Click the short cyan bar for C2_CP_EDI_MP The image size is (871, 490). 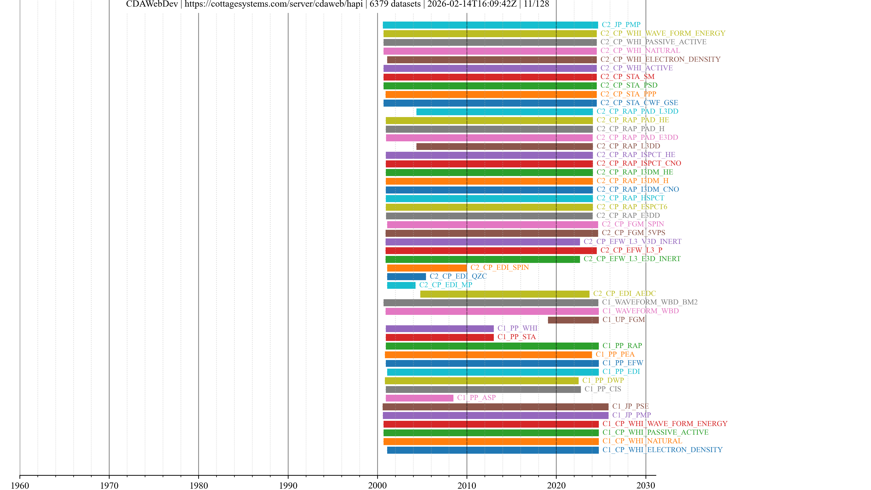(x=401, y=285)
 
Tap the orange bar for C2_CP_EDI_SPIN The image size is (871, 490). (x=427, y=268)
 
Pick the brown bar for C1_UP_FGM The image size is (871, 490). (x=573, y=320)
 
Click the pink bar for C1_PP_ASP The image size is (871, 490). (x=419, y=398)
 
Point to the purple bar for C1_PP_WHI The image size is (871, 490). (x=440, y=328)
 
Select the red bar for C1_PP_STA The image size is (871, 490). (x=440, y=337)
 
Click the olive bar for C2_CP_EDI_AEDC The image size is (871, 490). (x=504, y=294)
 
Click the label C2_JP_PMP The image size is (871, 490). (x=621, y=25)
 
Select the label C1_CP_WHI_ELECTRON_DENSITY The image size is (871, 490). (x=662, y=450)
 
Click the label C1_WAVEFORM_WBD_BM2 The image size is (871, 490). (x=650, y=302)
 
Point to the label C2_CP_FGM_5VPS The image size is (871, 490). (x=633, y=233)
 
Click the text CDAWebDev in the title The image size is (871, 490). (x=152, y=4)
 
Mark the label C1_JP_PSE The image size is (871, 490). (x=630, y=406)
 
